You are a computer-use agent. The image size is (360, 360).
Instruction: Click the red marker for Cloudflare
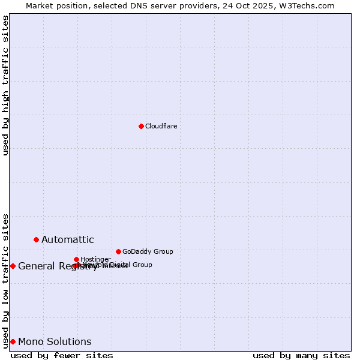pyautogui.click(x=141, y=126)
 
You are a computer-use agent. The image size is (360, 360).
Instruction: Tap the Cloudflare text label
pyautogui.click(x=161, y=126)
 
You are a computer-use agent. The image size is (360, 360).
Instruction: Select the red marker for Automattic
pyautogui.click(x=36, y=239)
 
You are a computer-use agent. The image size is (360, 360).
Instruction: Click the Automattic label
pyautogui.click(x=67, y=240)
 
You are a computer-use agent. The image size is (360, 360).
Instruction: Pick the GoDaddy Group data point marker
pyautogui.click(x=118, y=251)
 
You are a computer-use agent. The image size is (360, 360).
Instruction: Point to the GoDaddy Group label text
pyautogui.click(x=148, y=251)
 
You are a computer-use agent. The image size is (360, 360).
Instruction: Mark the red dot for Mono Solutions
pyautogui.click(x=13, y=341)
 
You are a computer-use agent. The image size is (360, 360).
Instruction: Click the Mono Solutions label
pyautogui.click(x=55, y=342)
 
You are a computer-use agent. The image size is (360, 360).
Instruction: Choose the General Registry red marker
pyautogui.click(x=13, y=266)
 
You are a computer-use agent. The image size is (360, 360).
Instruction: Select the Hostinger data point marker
pyautogui.click(x=76, y=259)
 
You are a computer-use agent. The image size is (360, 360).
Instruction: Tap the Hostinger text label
pyautogui.click(x=95, y=259)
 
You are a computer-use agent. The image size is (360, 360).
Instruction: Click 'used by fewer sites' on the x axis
pyautogui.click(x=62, y=355)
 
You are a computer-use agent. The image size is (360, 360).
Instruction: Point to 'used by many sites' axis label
pyautogui.click(x=301, y=355)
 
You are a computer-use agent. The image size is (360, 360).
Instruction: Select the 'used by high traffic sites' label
pyautogui.click(x=5, y=85)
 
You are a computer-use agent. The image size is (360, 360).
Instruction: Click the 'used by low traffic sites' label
pyautogui.click(x=5, y=280)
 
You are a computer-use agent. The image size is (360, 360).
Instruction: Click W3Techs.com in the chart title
pyautogui.click(x=309, y=5)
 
